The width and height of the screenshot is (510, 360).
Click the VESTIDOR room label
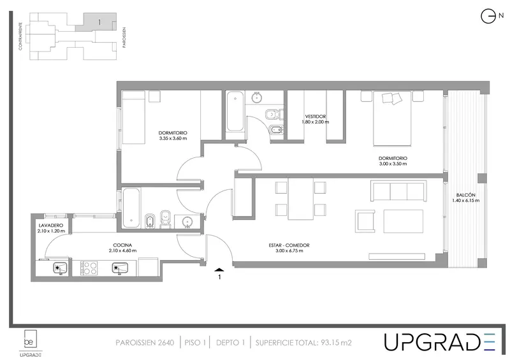(x=315, y=117)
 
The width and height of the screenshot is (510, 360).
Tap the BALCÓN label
(x=466, y=195)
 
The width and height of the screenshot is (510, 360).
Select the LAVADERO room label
(x=51, y=226)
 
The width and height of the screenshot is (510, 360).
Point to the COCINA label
(x=122, y=245)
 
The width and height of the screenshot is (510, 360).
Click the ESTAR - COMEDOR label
(x=289, y=245)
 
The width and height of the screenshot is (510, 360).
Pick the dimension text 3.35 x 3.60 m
(x=173, y=138)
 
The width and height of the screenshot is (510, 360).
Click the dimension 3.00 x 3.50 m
(x=393, y=164)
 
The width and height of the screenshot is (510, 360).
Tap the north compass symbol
(x=488, y=17)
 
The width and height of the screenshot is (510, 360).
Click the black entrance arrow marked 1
(x=219, y=270)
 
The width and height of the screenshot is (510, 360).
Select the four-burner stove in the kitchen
(x=89, y=269)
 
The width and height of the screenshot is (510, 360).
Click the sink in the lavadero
(x=61, y=269)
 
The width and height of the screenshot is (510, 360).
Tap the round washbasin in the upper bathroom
(x=257, y=97)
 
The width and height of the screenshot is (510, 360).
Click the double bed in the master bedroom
(x=392, y=119)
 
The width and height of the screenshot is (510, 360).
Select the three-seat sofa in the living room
(x=398, y=192)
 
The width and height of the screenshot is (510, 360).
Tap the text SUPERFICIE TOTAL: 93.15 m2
(x=303, y=342)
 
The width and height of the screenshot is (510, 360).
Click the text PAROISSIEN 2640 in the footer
(x=145, y=342)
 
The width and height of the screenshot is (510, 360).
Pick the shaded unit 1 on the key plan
(x=96, y=22)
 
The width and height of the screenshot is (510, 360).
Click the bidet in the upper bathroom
(x=276, y=130)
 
